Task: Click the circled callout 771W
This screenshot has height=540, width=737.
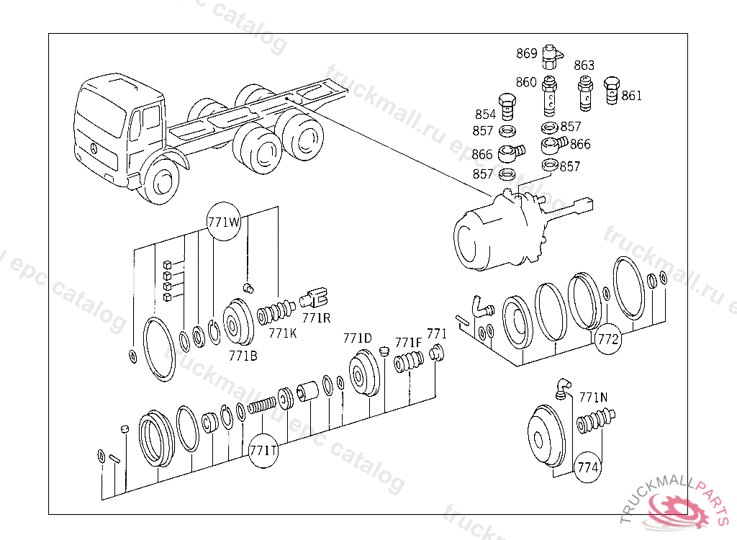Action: point(224,222)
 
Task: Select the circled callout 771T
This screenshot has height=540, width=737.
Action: point(263,450)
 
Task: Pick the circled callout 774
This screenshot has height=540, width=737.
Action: point(588,467)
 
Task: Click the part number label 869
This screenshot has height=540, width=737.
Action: point(526,53)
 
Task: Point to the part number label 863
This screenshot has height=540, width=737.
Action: point(584,66)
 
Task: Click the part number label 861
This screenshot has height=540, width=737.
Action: point(631,96)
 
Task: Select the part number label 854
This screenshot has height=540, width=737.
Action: point(485,114)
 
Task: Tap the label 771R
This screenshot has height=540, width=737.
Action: point(316,318)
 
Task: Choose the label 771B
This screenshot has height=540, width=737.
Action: point(243,355)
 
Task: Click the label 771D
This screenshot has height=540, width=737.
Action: point(357,338)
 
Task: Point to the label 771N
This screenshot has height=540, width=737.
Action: point(593,397)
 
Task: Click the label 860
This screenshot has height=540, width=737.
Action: point(526,82)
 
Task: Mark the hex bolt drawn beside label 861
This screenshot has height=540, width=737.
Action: point(612,91)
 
